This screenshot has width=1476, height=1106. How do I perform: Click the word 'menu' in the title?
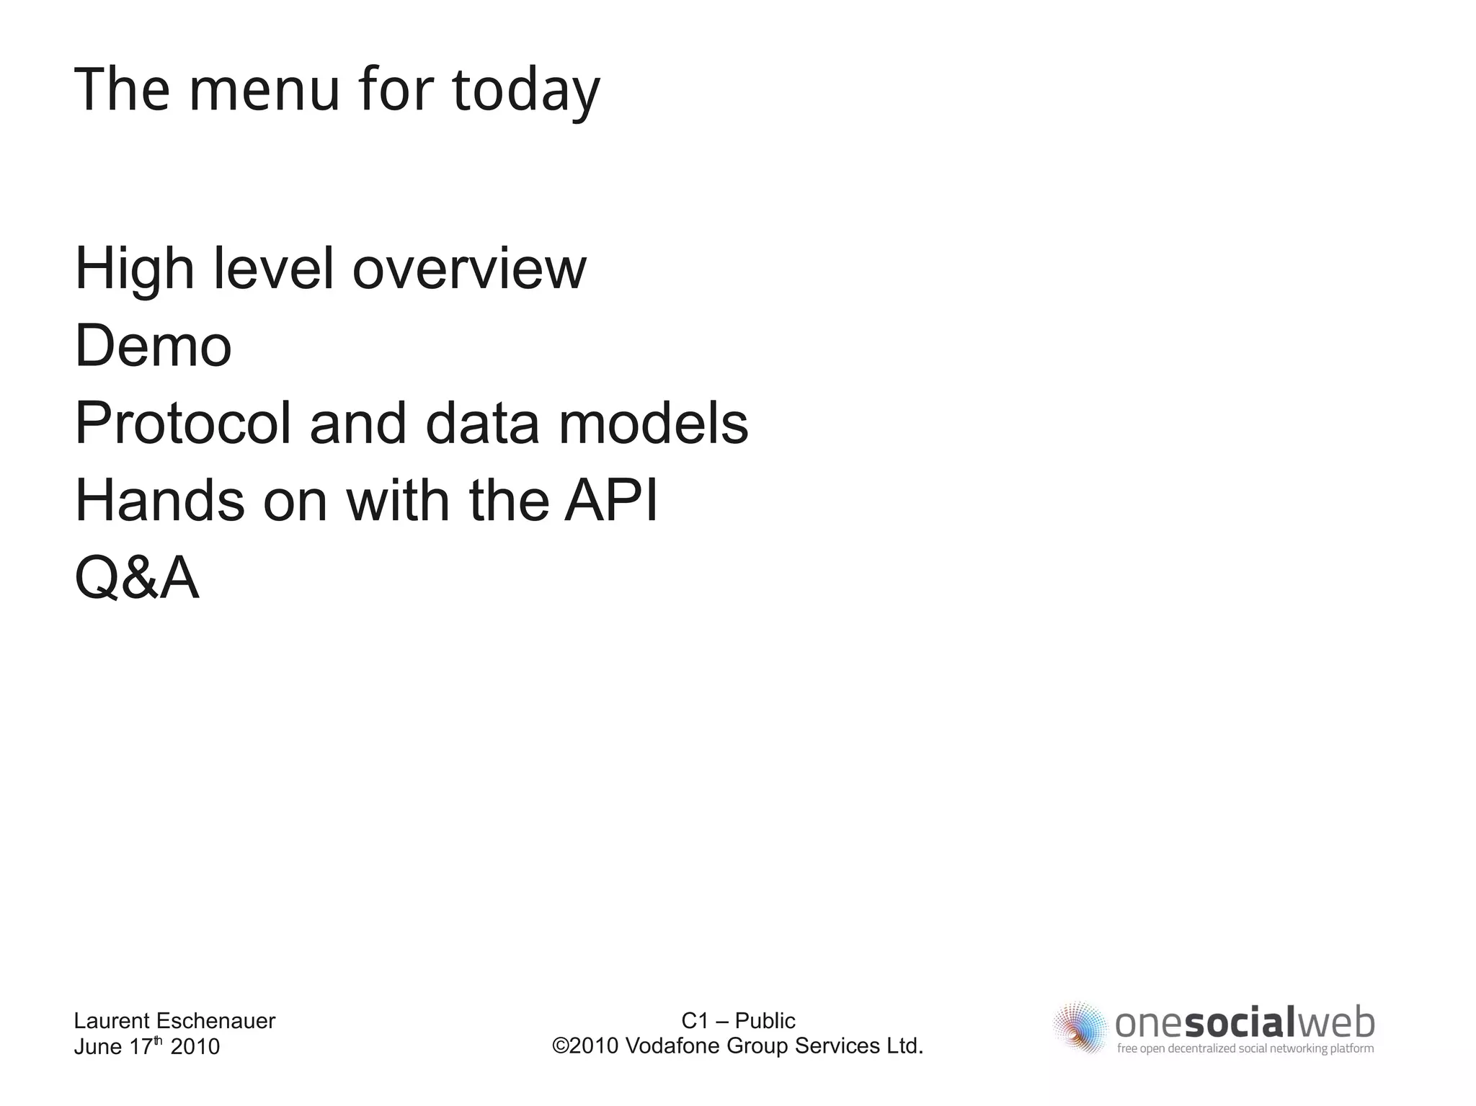point(264,89)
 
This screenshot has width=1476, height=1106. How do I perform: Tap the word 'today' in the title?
point(526,91)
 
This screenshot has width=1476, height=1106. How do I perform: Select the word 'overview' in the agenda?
point(469,269)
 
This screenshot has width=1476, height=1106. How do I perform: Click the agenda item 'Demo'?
point(153,346)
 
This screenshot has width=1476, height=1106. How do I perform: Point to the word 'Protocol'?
point(183,424)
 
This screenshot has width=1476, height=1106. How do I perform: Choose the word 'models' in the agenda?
point(653,424)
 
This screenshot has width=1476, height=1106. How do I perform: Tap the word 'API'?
point(611,500)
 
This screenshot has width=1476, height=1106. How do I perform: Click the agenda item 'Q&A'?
point(137,578)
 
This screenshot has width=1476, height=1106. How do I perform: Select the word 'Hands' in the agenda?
point(159,500)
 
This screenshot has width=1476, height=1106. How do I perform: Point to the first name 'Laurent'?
point(111,1021)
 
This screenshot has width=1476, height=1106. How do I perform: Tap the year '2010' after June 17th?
point(195,1047)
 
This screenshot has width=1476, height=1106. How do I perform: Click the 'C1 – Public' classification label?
point(738,1020)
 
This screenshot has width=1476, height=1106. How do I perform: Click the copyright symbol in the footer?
point(560,1045)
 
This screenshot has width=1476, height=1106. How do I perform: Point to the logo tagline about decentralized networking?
point(1245,1049)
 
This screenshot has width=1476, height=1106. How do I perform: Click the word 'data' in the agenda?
point(482,424)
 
